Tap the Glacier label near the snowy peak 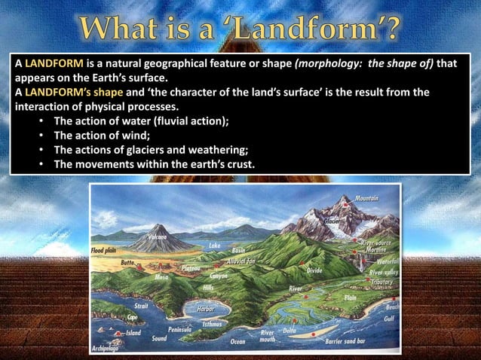click(331, 221)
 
